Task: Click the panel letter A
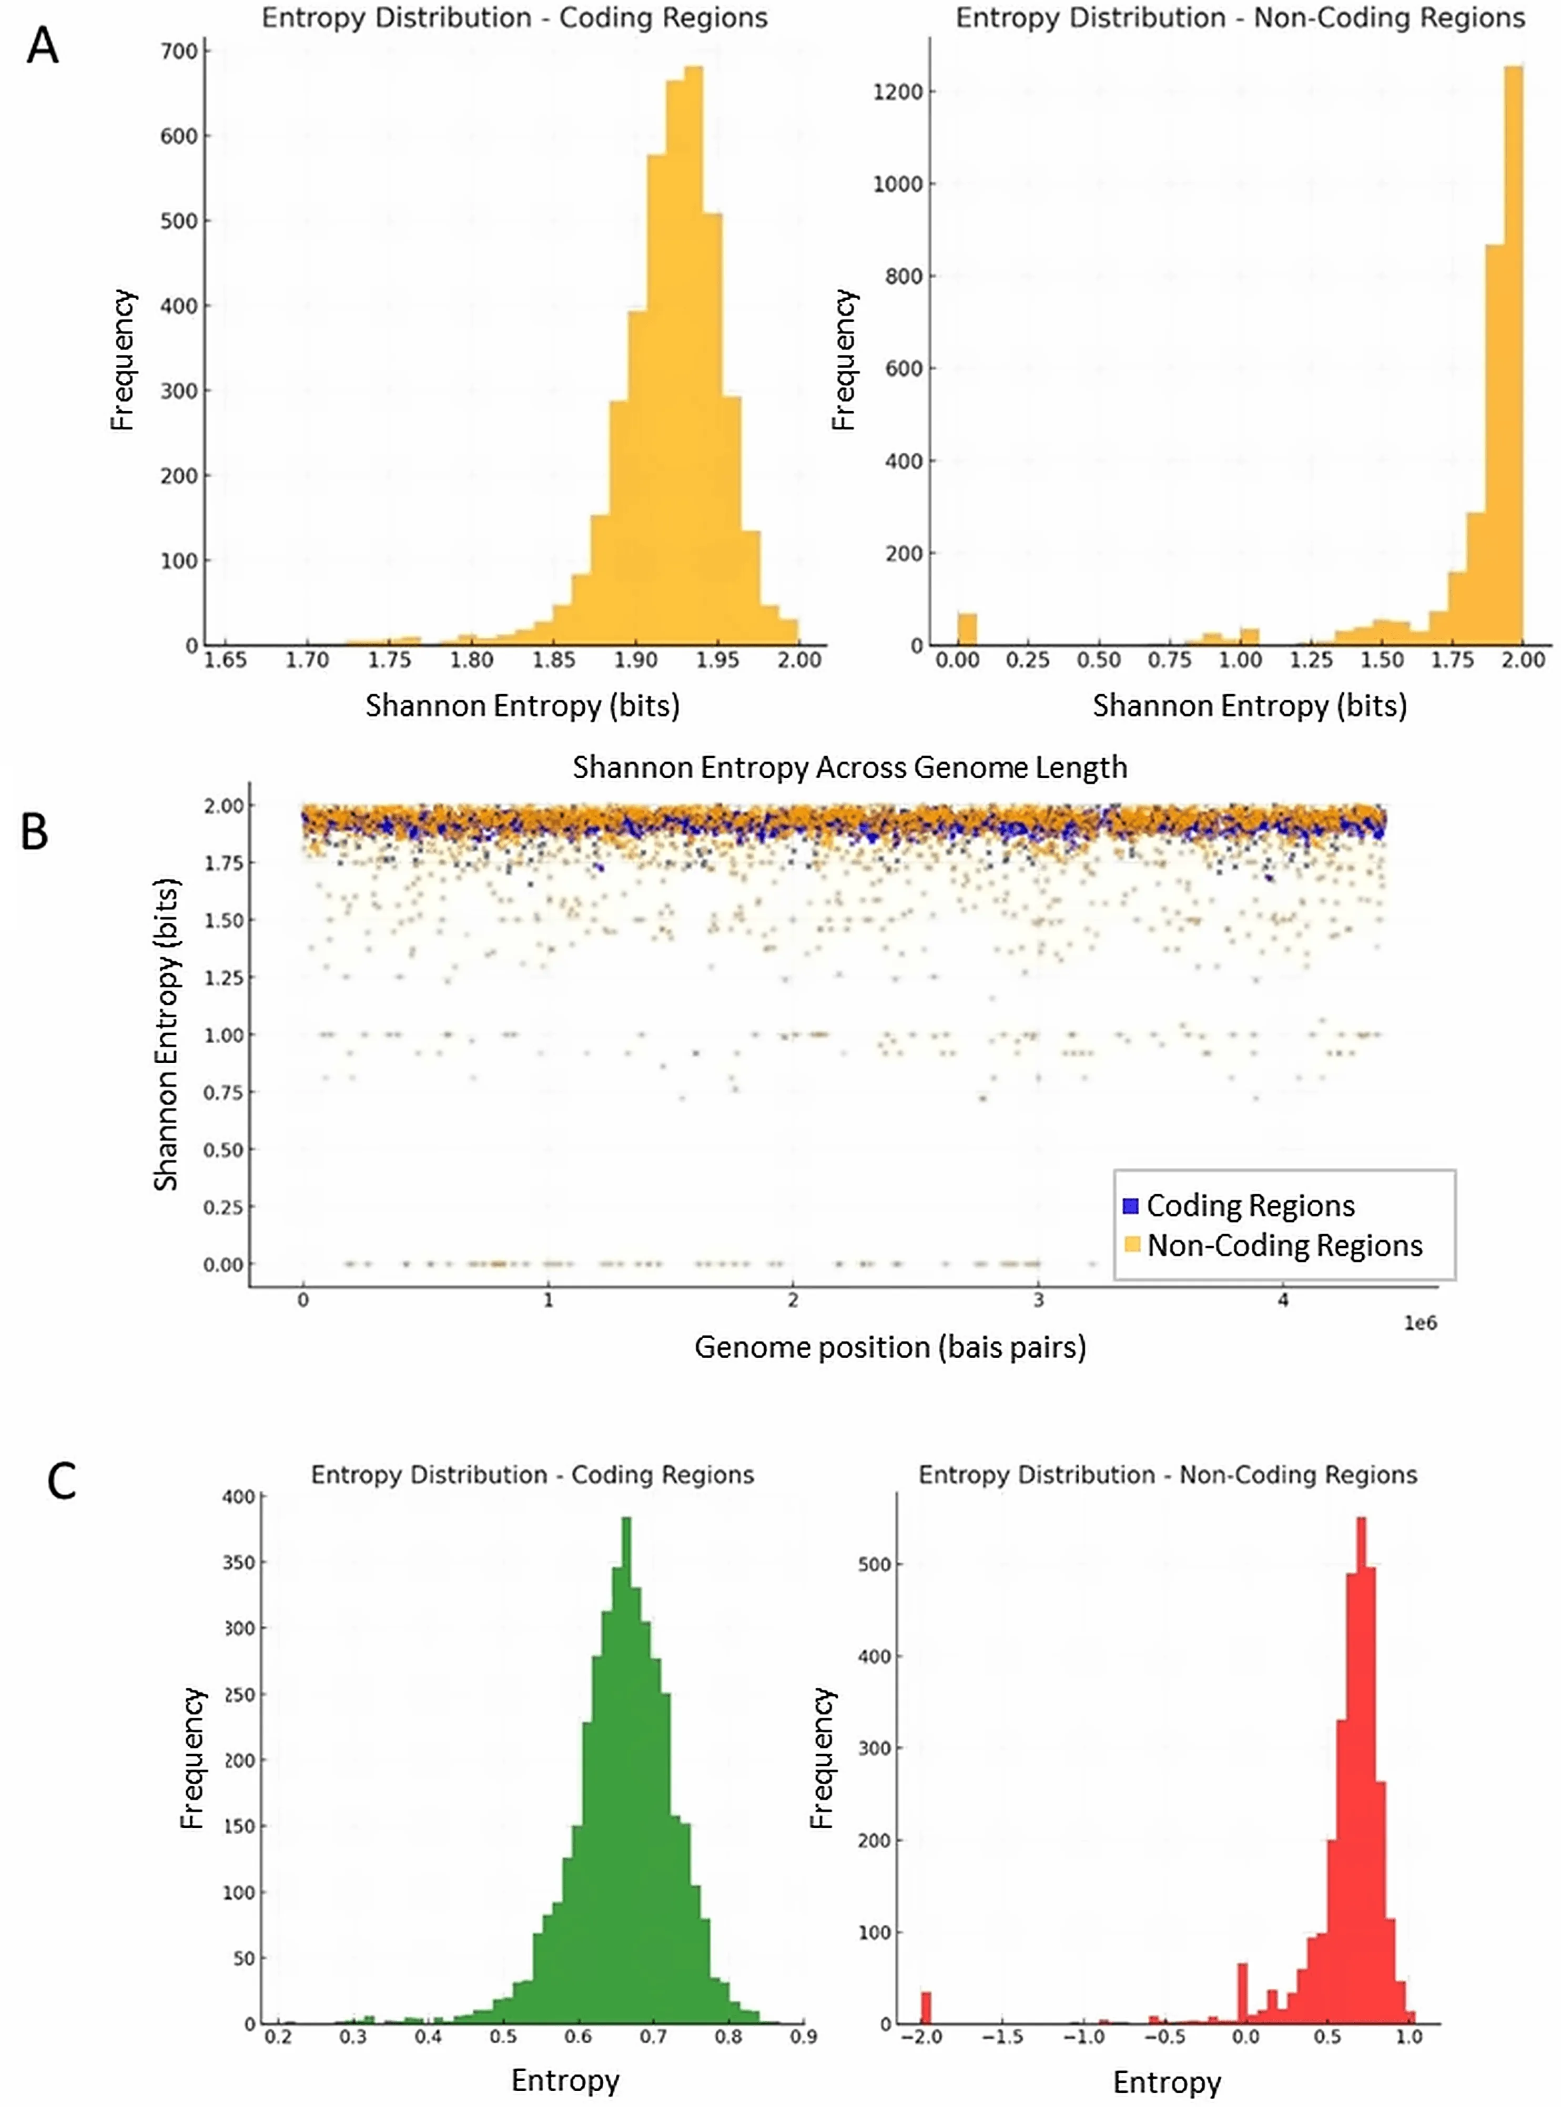43,45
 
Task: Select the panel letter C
62,1481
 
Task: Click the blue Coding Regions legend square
1130,1206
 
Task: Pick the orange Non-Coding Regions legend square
1130,1245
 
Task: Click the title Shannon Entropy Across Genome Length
849,767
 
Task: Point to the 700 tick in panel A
179,51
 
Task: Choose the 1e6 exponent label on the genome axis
1420,1323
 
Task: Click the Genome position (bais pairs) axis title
889,1347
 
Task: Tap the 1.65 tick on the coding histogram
225,659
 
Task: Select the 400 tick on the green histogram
238,1497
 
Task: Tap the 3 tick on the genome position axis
1038,1300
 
